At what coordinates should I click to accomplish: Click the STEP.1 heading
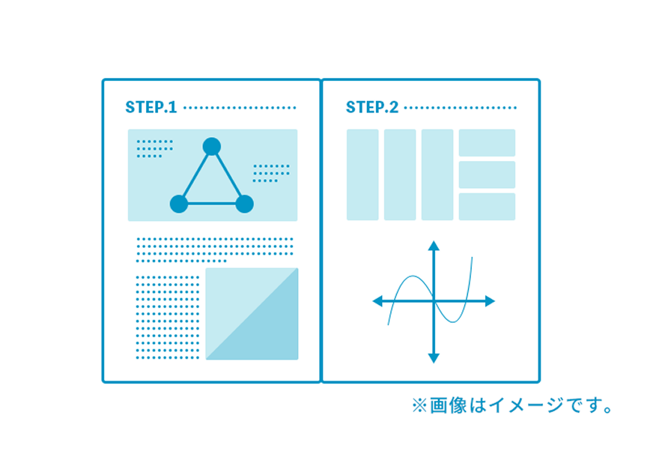pos(151,107)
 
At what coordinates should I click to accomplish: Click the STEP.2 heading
pos(372,107)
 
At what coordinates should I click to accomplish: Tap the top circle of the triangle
pos(211,146)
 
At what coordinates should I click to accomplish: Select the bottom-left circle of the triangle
pos(179,204)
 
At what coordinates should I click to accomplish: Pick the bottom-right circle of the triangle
pos(245,204)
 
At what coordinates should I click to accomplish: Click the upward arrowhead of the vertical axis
pos(434,246)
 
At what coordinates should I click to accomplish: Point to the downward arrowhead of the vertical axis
pos(434,358)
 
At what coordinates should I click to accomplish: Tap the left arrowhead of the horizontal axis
pos(377,301)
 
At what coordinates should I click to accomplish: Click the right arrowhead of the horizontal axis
pos(490,301)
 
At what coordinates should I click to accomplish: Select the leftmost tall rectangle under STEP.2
pos(362,175)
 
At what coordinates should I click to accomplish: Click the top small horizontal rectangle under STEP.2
pos(487,142)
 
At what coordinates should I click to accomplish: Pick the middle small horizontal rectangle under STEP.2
pos(487,175)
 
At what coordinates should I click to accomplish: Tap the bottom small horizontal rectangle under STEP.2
pos(487,207)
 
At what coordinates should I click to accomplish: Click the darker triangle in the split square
pos(269,333)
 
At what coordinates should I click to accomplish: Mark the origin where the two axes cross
pos(434,301)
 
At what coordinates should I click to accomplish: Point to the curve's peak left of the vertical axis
pos(413,276)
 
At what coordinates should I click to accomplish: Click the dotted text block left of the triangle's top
pos(154,149)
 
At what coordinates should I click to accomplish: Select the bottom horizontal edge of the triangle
pos(212,204)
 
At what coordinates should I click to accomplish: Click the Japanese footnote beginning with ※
pos(512,406)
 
